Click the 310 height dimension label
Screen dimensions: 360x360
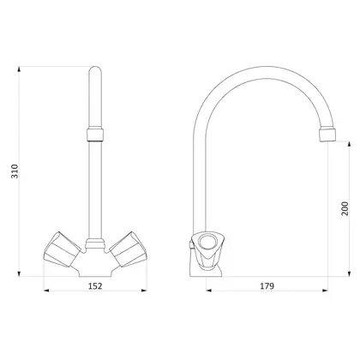click(x=15, y=171)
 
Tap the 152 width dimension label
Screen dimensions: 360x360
click(x=95, y=285)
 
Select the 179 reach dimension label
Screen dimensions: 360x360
click(x=267, y=285)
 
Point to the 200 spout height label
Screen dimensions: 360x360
click(x=345, y=208)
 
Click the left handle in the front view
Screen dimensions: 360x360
click(x=62, y=249)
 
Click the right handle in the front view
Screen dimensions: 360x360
click(x=129, y=249)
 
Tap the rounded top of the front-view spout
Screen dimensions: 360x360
click(x=95, y=70)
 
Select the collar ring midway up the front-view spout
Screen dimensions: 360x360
click(x=95, y=135)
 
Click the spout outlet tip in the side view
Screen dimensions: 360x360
click(x=327, y=135)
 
